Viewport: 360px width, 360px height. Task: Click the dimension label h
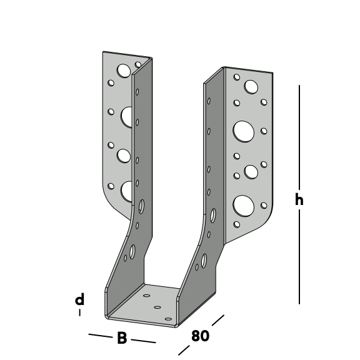(x=299, y=199)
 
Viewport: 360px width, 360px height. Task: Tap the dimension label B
(x=122, y=337)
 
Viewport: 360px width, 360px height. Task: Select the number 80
(x=200, y=336)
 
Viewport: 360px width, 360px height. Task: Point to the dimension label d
(x=79, y=299)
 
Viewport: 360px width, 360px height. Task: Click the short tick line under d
(x=79, y=312)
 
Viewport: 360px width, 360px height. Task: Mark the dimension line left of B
(x=101, y=336)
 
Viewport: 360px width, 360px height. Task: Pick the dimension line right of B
(x=143, y=341)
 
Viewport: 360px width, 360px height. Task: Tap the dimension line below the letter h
(x=299, y=256)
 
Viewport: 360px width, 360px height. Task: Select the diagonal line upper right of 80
(x=218, y=320)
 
